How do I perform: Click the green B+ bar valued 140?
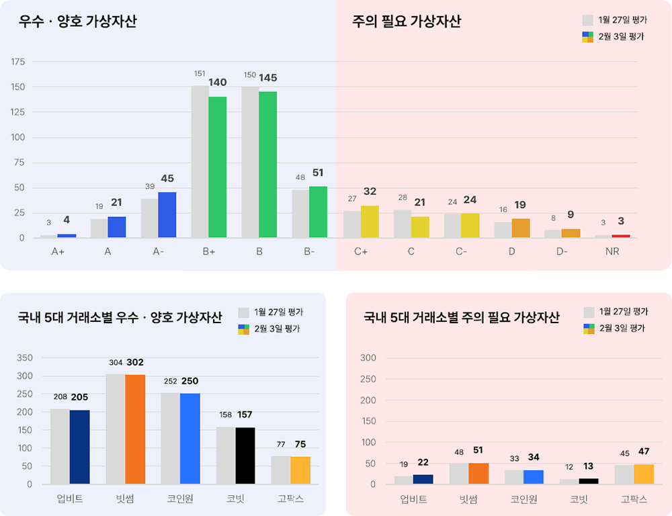tap(217, 167)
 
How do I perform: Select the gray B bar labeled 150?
tap(250, 162)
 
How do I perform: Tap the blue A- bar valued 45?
tap(167, 214)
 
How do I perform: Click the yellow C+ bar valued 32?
tap(370, 222)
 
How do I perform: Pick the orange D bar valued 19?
tap(521, 228)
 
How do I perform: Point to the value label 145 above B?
tap(267, 78)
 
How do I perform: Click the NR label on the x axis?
tap(612, 251)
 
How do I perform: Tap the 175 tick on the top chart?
tap(18, 62)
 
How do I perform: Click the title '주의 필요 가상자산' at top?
tap(407, 22)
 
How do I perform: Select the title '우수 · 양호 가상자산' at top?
tap(78, 22)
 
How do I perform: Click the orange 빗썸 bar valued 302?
tap(135, 429)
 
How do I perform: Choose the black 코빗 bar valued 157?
tap(245, 456)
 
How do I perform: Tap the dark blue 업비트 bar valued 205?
tap(79, 447)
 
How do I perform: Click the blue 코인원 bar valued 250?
tap(190, 438)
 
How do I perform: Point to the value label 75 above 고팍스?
tap(300, 444)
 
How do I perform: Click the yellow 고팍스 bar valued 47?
tap(644, 474)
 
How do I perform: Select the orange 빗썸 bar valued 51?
tap(478, 473)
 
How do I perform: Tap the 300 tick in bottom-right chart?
tap(368, 357)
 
